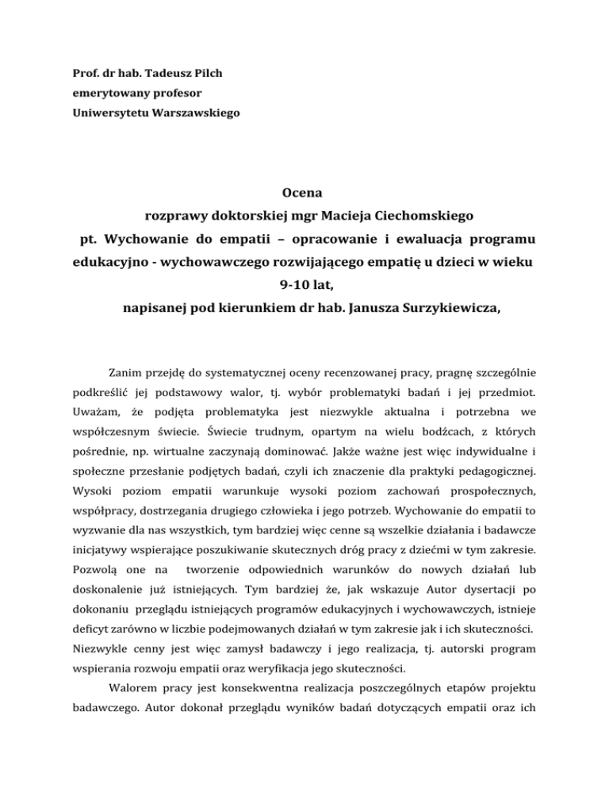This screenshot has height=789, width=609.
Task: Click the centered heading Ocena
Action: click(x=304, y=191)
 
